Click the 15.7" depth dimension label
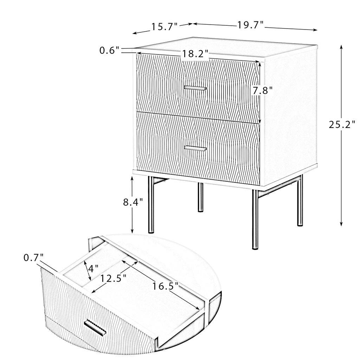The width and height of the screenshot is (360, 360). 165,27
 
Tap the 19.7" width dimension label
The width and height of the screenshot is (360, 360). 250,25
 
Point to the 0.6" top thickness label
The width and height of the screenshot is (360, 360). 109,50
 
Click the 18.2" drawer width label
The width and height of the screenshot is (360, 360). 195,54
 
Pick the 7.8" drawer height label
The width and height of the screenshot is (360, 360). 263,90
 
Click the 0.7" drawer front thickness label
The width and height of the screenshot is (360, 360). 33,258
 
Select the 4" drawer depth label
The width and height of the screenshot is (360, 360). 93,268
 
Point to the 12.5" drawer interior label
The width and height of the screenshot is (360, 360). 114,279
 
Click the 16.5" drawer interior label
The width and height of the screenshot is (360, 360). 166,286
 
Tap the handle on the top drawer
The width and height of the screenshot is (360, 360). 195,88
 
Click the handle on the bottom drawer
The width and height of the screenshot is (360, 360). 195,148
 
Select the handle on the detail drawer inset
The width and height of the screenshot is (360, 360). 95,327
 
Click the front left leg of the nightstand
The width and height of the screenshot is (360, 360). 151,205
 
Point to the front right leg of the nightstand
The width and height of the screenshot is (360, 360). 255,219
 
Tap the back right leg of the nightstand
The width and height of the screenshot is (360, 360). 300,200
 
